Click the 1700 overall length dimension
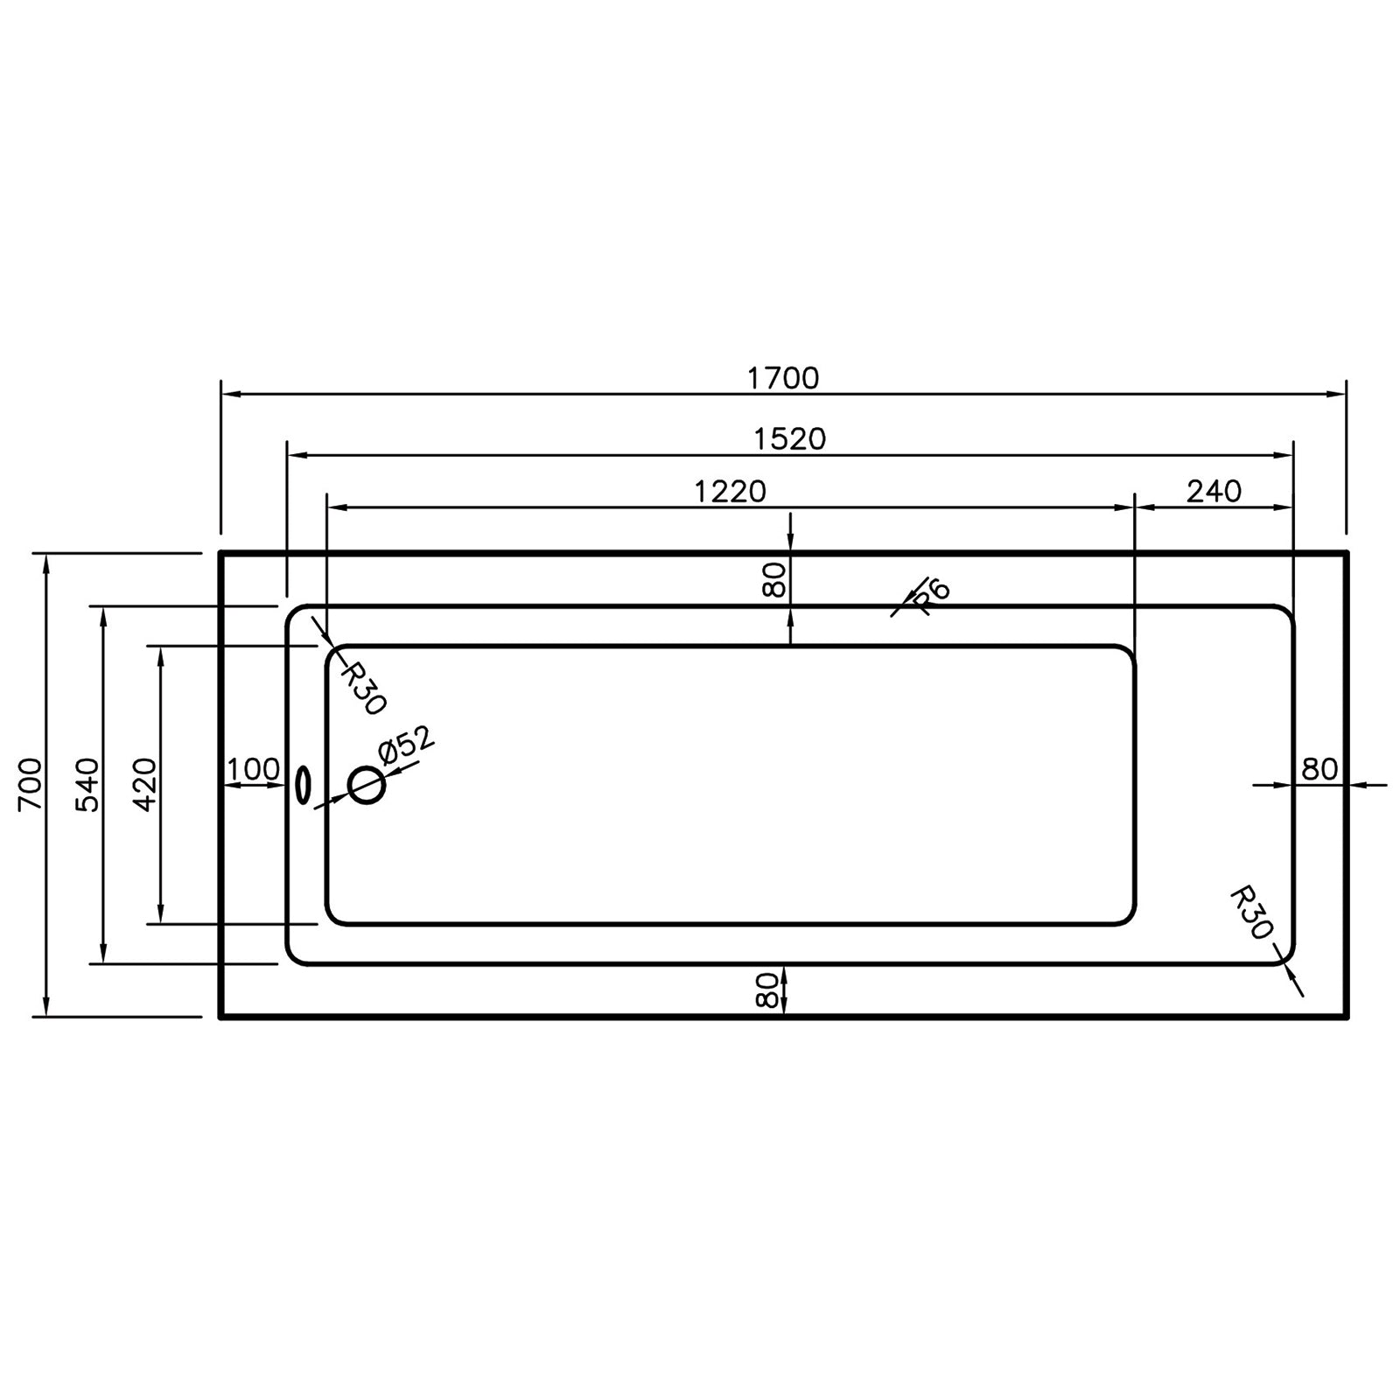[x=783, y=378]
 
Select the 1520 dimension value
[x=790, y=438]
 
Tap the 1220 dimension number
[x=730, y=492]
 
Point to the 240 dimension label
[x=1214, y=492]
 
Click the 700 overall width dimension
[x=30, y=785]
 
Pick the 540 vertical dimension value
[x=88, y=785]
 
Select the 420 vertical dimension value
[x=145, y=785]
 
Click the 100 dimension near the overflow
[x=254, y=770]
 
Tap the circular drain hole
[x=367, y=785]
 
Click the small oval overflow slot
[x=303, y=785]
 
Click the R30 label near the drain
[x=361, y=689]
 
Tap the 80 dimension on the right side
[x=1319, y=769]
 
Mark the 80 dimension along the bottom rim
[x=766, y=990]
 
